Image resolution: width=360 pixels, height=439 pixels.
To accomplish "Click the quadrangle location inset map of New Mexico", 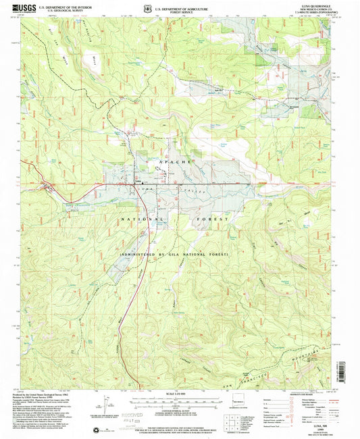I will tap(244, 405).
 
